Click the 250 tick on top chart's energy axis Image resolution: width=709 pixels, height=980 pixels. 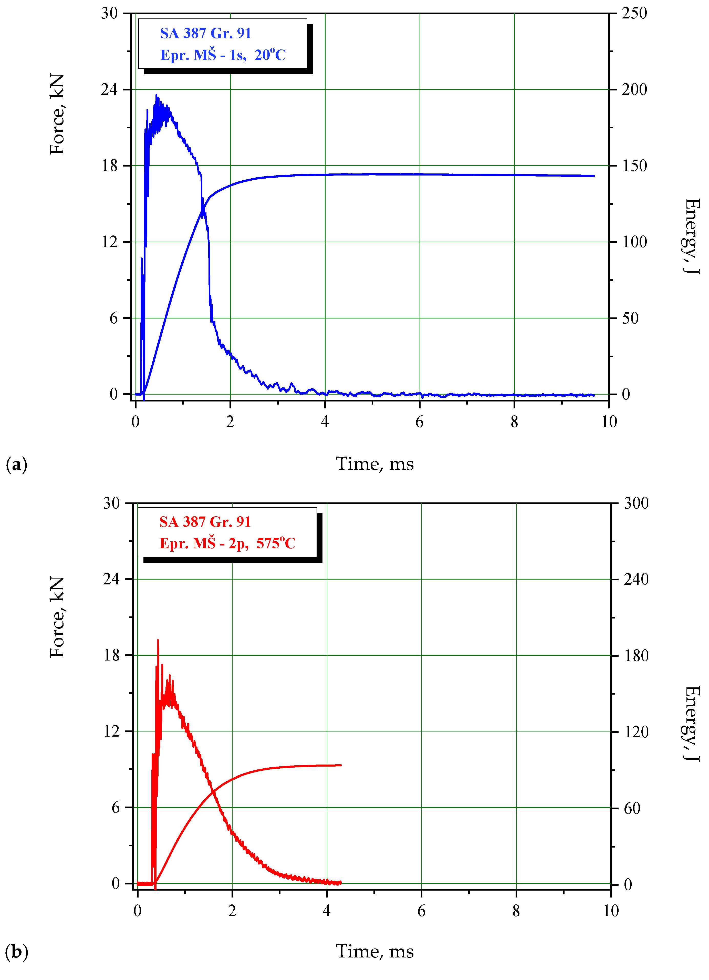pos(634,13)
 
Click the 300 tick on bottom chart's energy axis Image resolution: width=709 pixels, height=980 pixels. pos(635,503)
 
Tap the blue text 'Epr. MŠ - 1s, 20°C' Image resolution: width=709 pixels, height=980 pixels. pos(223,55)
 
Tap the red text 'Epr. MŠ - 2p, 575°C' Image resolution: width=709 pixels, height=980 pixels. pos(227,543)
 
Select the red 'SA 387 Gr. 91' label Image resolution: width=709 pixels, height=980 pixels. pos(205,522)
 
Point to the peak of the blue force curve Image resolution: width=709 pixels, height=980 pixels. pos(157,96)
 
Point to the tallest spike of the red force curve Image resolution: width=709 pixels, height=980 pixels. pos(158,640)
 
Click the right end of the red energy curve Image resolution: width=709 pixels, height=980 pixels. pos(341,765)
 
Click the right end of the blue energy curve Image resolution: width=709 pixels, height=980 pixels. pos(594,176)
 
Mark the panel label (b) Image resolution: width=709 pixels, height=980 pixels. pos(16,952)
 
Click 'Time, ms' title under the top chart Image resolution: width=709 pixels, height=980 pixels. pos(374,464)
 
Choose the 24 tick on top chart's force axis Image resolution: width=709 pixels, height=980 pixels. pos(109,89)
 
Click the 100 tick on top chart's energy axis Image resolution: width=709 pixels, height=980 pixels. pos(634,242)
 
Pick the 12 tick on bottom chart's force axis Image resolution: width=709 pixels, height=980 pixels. pos(111,731)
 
